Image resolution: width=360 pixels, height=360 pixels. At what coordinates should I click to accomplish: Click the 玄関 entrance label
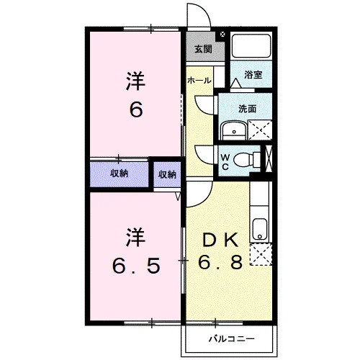click(203, 49)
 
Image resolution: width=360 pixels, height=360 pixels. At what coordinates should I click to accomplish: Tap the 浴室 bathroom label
click(253, 75)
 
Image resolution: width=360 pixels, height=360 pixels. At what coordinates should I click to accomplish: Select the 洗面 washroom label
click(247, 109)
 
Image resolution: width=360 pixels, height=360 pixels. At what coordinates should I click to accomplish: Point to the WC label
click(225, 162)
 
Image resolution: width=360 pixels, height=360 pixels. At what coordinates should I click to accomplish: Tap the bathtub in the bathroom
click(251, 45)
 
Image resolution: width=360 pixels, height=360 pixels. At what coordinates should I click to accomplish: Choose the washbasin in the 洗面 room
click(234, 130)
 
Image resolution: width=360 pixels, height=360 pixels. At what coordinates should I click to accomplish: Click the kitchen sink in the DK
click(260, 229)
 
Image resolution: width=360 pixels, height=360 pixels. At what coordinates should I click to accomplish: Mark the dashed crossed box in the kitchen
click(261, 254)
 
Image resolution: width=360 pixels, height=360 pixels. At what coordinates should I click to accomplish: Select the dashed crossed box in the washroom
click(260, 130)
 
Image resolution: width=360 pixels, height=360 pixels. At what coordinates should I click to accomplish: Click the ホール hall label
click(199, 80)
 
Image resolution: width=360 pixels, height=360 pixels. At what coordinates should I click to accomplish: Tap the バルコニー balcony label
click(231, 339)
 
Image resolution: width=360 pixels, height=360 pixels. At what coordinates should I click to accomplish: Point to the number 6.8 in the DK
click(220, 262)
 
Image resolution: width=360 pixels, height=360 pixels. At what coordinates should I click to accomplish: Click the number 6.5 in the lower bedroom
click(136, 266)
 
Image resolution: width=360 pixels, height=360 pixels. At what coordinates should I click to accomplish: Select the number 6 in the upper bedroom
click(136, 109)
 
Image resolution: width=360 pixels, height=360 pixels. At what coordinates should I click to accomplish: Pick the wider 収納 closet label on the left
click(120, 174)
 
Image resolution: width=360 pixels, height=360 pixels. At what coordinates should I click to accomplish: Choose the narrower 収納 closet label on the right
click(167, 174)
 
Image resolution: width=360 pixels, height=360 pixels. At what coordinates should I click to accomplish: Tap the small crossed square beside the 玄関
click(222, 35)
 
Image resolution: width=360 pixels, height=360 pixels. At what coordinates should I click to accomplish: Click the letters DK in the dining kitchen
click(220, 240)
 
